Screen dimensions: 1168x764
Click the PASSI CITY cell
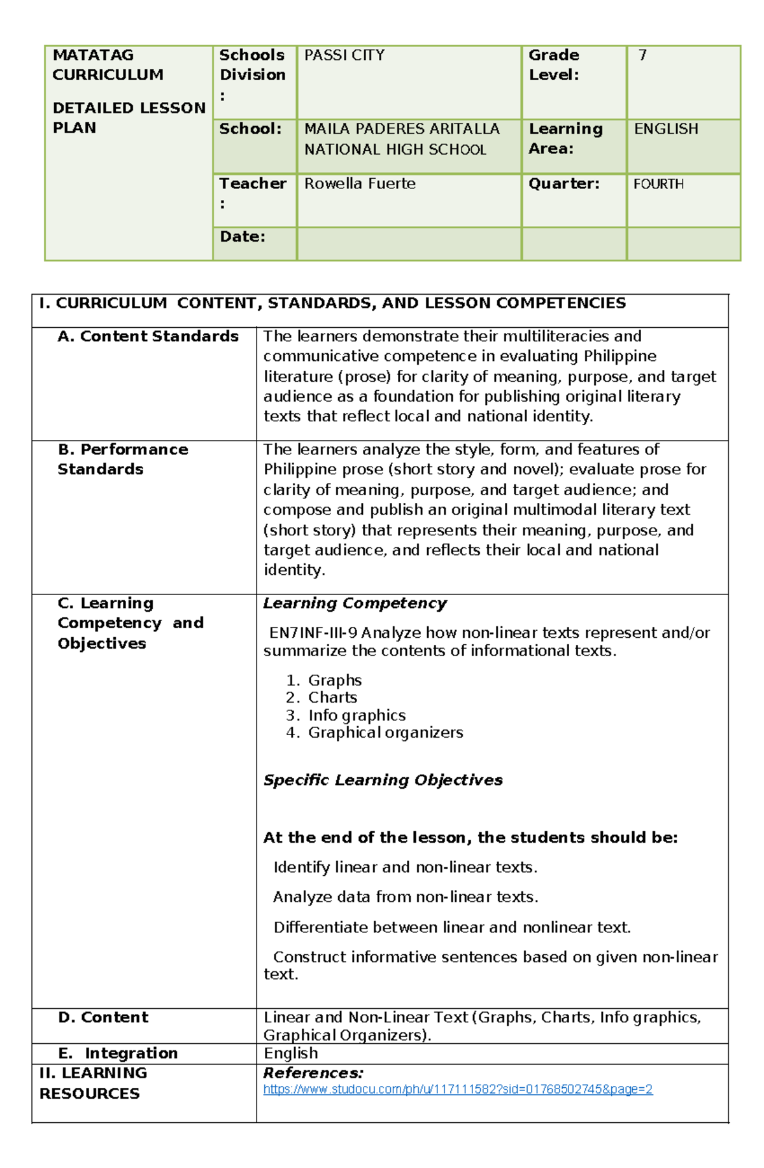tap(344, 55)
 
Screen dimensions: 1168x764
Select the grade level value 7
tap(642, 55)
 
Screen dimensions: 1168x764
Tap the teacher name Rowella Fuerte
tap(360, 184)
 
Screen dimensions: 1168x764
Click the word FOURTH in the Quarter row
tap(658, 184)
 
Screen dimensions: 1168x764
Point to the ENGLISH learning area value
tap(666, 129)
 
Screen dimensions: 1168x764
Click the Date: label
tap(243, 237)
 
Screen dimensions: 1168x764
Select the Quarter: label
tap(564, 184)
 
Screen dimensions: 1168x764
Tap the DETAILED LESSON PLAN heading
tap(129, 118)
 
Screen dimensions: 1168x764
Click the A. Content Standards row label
tap(148, 336)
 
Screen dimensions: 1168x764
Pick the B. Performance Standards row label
tap(123, 459)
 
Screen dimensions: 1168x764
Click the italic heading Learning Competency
tap(355, 603)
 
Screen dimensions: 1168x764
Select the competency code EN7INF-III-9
tap(313, 633)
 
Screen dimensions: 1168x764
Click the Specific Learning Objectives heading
tap(383, 780)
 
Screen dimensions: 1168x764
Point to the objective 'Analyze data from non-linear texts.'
tap(406, 897)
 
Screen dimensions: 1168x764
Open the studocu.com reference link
tap(458, 1089)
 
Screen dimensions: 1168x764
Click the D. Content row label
tap(103, 1017)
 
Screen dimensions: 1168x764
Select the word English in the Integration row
tap(291, 1053)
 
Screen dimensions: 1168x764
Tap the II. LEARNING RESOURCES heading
tap(93, 1083)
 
